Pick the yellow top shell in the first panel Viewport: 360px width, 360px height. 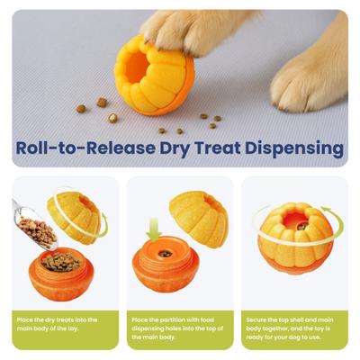point(76,215)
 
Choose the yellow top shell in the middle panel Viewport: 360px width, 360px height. point(199,217)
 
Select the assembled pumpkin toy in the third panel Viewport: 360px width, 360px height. point(296,239)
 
